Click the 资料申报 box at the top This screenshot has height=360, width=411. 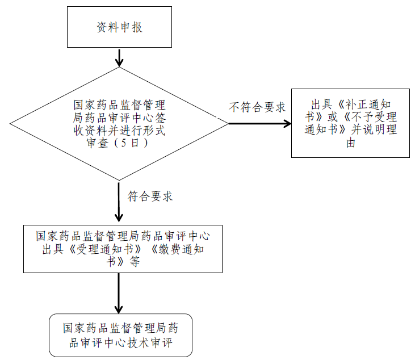click(119, 27)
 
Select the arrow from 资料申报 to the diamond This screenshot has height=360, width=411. click(119, 57)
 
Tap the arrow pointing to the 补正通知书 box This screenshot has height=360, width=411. click(259, 123)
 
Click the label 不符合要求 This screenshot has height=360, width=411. click(257, 107)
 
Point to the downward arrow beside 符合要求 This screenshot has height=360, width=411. click(119, 202)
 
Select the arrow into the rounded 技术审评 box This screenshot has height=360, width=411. click(119, 293)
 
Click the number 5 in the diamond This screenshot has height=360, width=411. click(123, 143)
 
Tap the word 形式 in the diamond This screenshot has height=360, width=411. click(154, 130)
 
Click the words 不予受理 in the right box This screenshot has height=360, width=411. click(374, 117)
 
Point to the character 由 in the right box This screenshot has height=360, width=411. click(350, 143)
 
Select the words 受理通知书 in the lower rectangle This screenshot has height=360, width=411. click(105, 249)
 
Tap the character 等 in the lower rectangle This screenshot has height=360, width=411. click(135, 262)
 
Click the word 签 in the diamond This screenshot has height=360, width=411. click(160, 118)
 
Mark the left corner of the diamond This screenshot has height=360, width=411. click(10, 123)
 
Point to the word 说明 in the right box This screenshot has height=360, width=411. click(374, 129)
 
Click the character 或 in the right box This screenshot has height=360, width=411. click(332, 117)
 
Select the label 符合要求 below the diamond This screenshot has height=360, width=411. click(150, 196)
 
